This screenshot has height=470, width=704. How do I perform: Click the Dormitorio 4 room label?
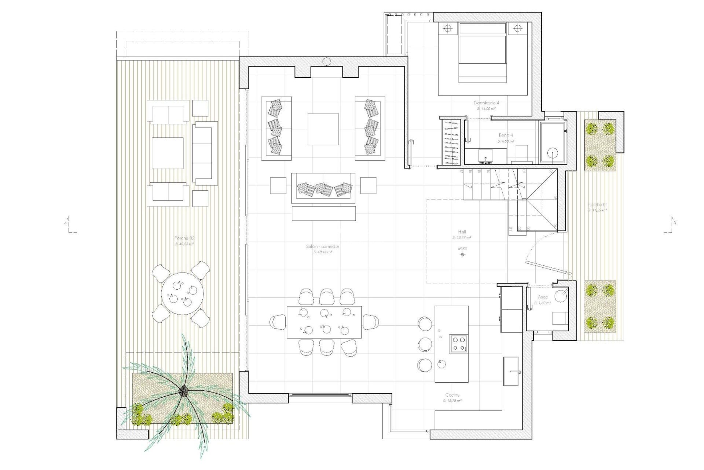click(x=486, y=103)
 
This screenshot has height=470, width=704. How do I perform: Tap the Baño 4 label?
click(x=506, y=135)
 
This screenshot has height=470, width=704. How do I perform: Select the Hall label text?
click(x=462, y=232)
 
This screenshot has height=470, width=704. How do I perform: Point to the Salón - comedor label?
click(x=322, y=246)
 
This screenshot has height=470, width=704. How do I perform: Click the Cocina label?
click(x=452, y=395)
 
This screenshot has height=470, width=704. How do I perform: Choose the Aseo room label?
click(x=543, y=297)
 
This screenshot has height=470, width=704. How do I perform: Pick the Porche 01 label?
click(x=597, y=205)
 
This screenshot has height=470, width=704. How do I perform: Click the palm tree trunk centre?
click(x=183, y=391)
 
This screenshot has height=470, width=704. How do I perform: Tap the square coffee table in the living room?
click(x=323, y=129)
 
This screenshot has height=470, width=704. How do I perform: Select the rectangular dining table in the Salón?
click(x=324, y=322)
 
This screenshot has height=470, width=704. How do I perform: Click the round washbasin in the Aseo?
click(x=561, y=296)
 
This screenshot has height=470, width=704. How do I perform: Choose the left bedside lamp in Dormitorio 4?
click(x=447, y=28)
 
